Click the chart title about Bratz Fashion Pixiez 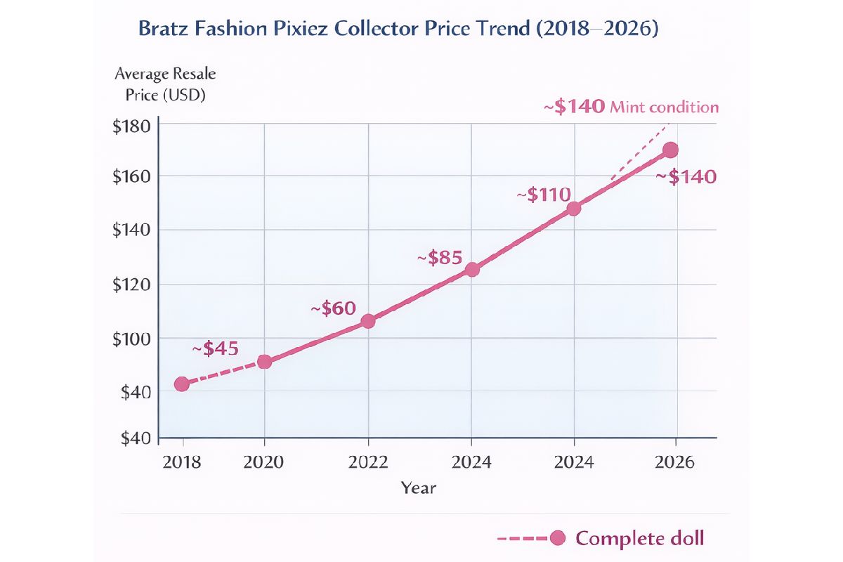(x=398, y=30)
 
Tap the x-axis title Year (x=419, y=488)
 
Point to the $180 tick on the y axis (x=131, y=127)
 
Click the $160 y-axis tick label (x=131, y=176)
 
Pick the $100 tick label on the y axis (x=131, y=339)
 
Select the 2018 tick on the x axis (x=183, y=462)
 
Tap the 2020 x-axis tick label (x=264, y=462)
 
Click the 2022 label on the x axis (x=367, y=462)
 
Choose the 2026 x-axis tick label (x=674, y=462)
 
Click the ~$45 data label (x=215, y=348)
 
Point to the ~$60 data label (x=333, y=308)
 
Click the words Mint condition (x=665, y=107)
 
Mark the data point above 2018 (x=182, y=384)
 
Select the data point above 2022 (x=367, y=321)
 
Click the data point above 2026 (x=670, y=150)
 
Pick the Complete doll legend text (x=639, y=539)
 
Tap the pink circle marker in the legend (x=558, y=539)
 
